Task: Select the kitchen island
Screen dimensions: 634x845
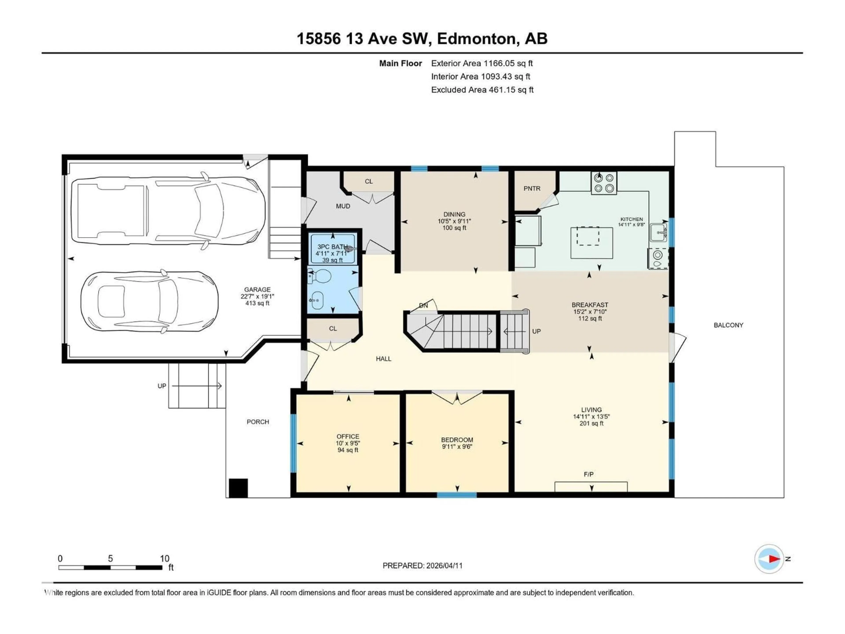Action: click(591, 242)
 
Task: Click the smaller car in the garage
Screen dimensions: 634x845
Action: click(149, 302)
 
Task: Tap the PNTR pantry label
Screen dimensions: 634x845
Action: click(532, 188)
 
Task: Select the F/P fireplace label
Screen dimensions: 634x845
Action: click(589, 474)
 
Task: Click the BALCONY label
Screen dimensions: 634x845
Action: click(728, 325)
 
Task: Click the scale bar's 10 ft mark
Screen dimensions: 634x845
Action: click(165, 559)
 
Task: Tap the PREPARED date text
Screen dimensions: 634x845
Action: click(422, 566)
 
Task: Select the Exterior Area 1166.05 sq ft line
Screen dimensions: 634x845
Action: click(482, 63)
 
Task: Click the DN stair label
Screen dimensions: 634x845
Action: click(423, 306)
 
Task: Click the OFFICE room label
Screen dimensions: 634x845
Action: click(348, 436)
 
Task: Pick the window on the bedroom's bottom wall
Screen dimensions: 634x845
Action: click(457, 495)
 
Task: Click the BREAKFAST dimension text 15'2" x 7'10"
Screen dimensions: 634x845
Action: click(590, 311)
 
